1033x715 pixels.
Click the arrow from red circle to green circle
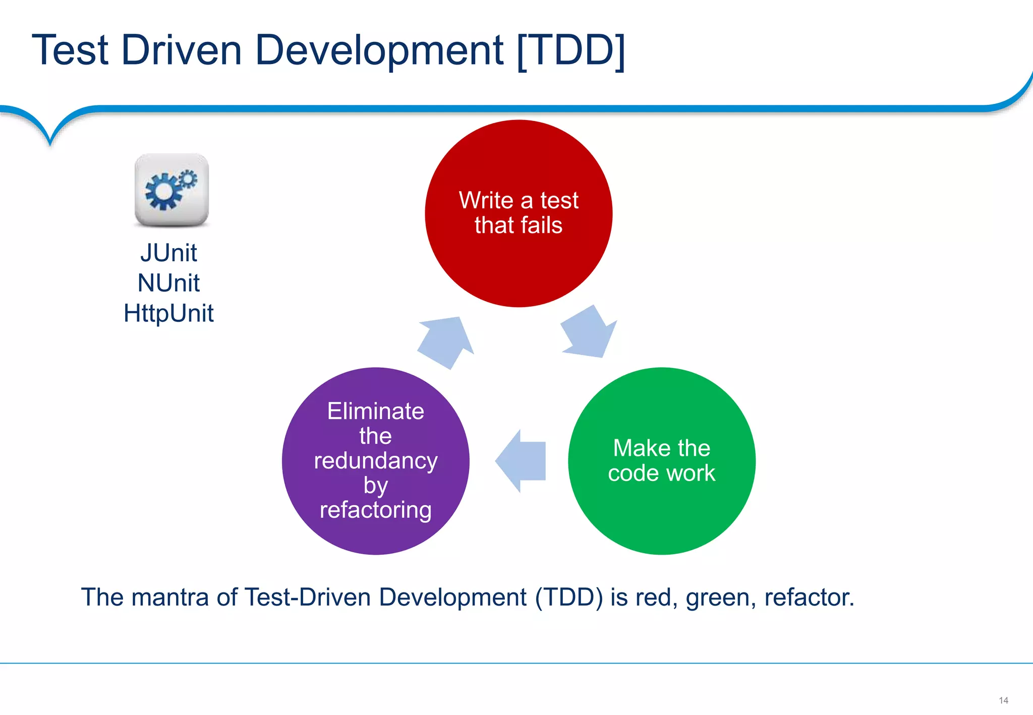pos(589,333)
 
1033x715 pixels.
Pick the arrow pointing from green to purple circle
pos(522,461)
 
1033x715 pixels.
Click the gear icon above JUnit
pos(171,190)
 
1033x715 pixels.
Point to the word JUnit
pos(168,253)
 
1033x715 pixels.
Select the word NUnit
pos(168,283)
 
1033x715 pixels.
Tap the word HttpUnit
pos(168,313)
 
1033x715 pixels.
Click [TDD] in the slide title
pos(571,50)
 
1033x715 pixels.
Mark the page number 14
pos(1003,700)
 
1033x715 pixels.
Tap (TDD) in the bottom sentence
pos(569,598)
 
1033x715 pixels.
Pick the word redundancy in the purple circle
pos(376,461)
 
